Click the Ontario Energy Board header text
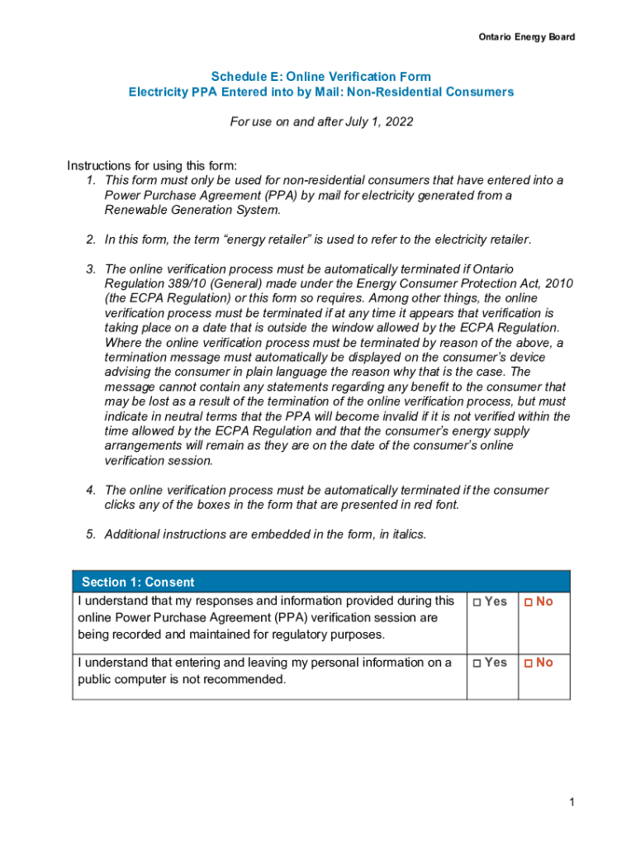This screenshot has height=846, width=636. click(x=527, y=37)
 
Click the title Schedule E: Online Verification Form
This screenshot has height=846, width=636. click(x=320, y=77)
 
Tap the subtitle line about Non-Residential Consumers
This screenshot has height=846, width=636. click(x=320, y=92)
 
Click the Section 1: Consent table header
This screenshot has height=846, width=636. click(x=138, y=582)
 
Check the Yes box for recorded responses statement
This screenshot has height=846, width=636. click(x=477, y=602)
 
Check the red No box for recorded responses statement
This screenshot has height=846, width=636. click(x=529, y=602)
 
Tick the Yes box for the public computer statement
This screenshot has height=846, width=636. click(x=477, y=663)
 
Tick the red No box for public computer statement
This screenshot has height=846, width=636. click(x=529, y=663)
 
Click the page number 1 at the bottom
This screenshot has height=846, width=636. click(x=571, y=802)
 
